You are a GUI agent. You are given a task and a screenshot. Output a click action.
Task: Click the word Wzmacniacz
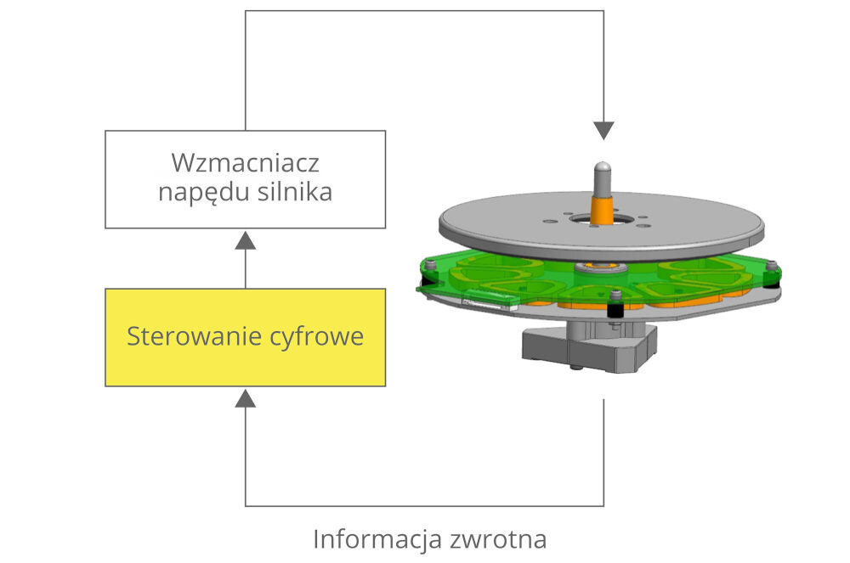245,161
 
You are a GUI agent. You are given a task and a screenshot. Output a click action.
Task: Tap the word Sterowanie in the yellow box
187,336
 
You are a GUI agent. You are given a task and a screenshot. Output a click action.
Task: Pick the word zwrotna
496,539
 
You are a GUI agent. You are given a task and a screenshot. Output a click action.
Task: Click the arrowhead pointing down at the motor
603,130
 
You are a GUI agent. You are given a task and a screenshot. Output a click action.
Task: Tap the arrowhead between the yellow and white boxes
246,239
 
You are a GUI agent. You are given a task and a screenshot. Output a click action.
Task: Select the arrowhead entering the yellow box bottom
246,397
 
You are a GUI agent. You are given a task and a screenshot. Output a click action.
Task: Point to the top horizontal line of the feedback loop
425,11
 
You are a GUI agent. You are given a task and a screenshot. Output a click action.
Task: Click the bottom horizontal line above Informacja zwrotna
425,506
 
